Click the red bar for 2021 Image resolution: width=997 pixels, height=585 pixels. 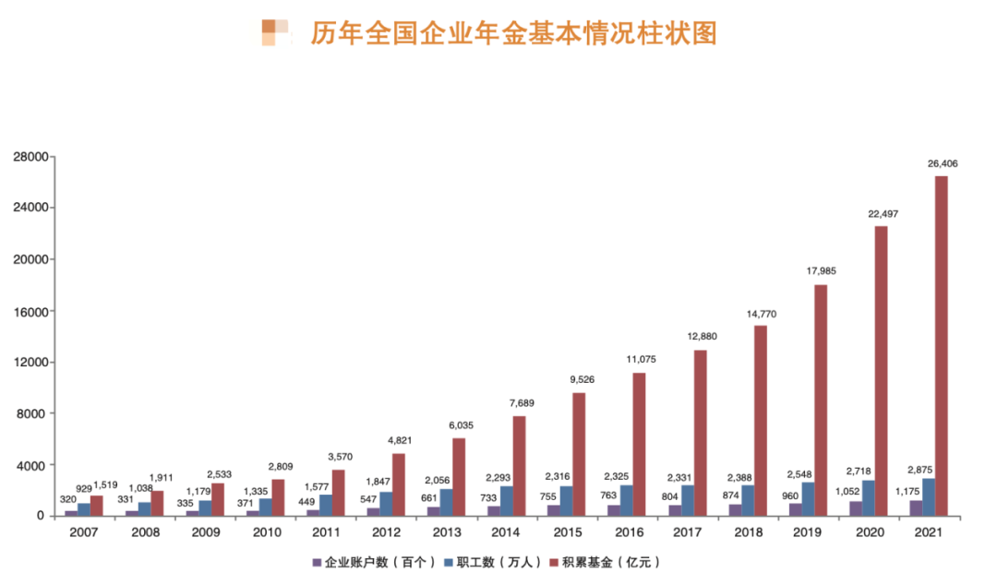click(941, 345)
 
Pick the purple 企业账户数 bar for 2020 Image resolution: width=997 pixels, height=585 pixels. click(856, 507)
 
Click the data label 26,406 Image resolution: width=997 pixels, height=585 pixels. click(943, 163)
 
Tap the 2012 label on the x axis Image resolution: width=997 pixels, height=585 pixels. click(386, 532)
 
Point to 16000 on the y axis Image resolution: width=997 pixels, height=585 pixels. click(30, 311)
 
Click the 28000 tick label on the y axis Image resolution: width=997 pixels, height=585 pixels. click(30, 157)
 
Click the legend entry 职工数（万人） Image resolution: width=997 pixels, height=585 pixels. click(490, 562)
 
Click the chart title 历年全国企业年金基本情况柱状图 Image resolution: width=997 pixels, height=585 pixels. click(513, 34)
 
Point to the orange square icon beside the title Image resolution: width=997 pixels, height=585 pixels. click(275, 32)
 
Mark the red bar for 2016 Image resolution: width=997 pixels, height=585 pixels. click(640, 444)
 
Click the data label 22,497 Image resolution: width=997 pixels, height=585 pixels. click(883, 214)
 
